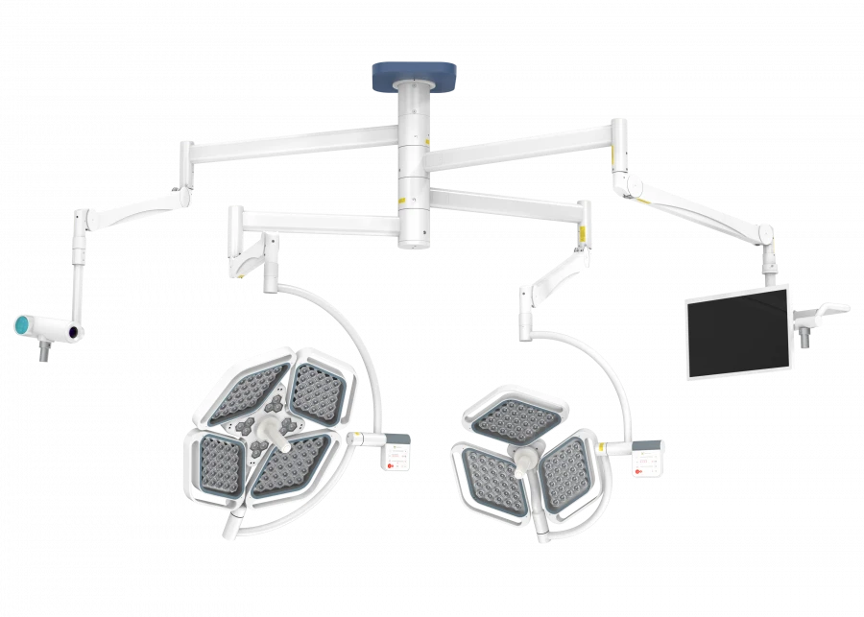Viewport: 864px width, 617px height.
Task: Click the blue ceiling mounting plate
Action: pyautogui.click(x=414, y=75)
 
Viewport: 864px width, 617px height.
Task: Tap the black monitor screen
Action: pyautogui.click(x=737, y=332)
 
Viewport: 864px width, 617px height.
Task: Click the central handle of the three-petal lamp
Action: pyautogui.click(x=525, y=461)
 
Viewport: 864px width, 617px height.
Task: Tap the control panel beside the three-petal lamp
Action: pyautogui.click(x=648, y=463)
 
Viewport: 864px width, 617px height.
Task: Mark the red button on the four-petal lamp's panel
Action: pyautogui.click(x=391, y=463)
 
